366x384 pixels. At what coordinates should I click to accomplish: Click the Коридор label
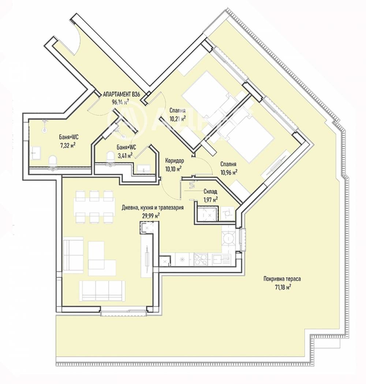pos(174,161)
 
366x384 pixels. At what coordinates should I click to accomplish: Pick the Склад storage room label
pos(210,192)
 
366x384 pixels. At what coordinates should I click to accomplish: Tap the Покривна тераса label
pos(282,278)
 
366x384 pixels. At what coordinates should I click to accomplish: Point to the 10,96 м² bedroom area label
pos(229,172)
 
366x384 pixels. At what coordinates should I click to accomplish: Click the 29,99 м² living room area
pos(151,215)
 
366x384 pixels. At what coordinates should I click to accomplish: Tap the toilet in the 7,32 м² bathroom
pos(53,161)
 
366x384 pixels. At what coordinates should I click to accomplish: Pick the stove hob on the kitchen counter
pos(201,259)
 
